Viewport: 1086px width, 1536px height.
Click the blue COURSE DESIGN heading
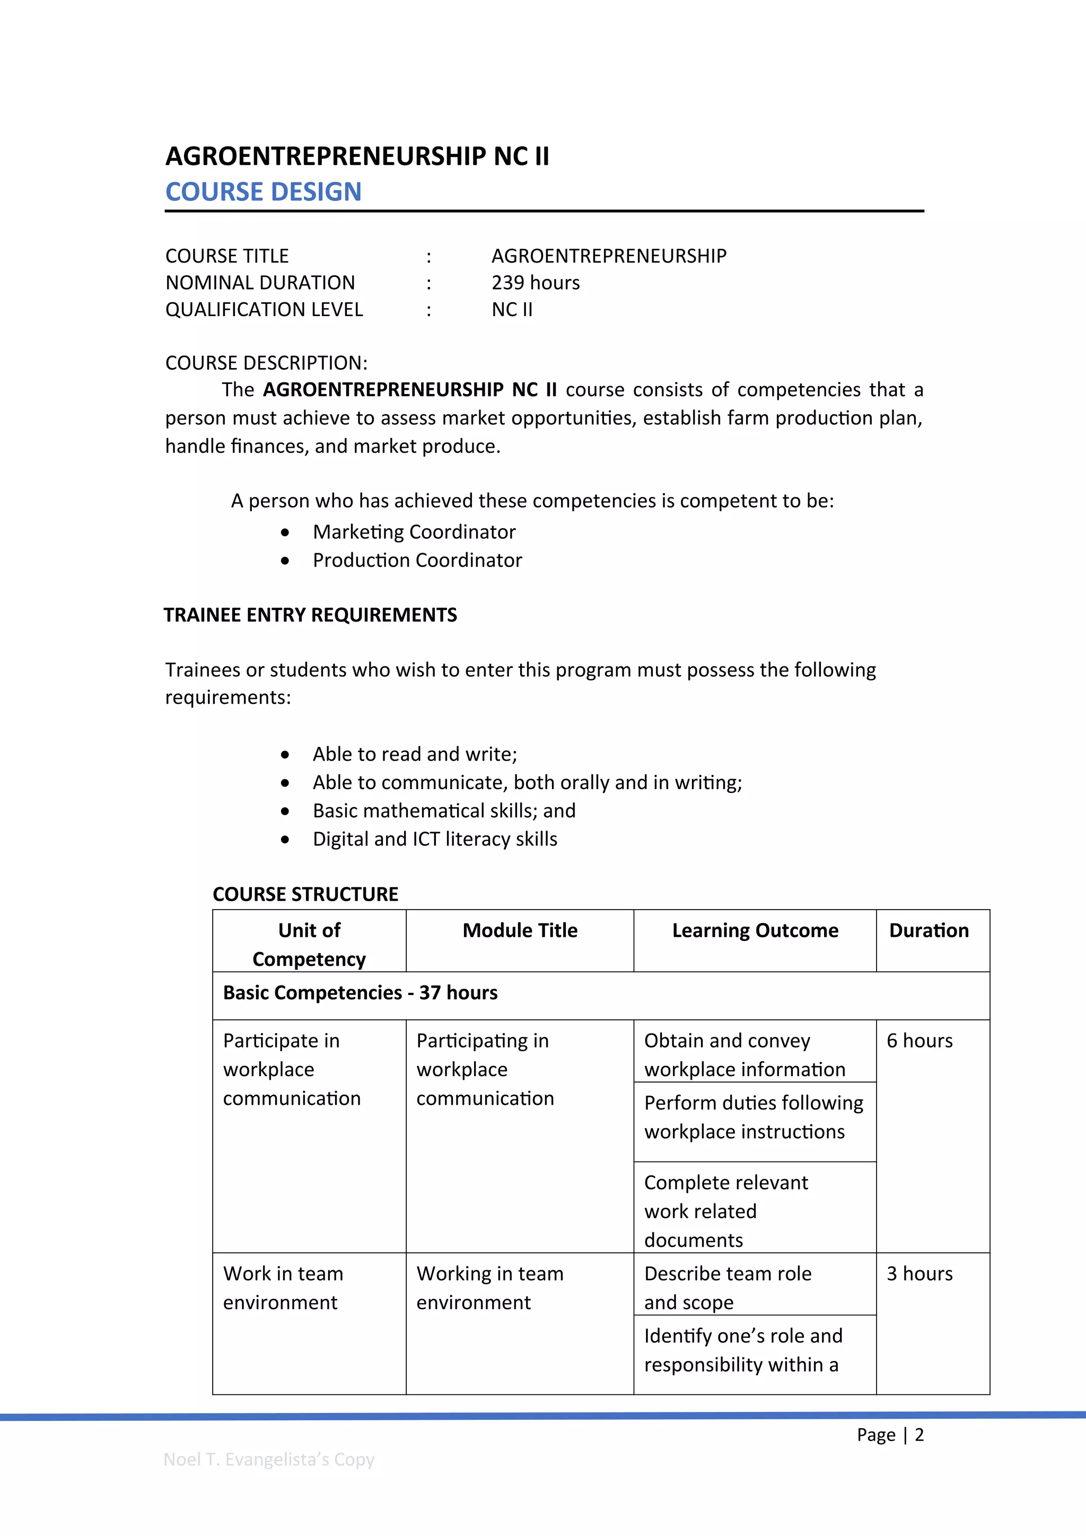coord(263,192)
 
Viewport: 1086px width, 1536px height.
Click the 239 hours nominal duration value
coord(535,283)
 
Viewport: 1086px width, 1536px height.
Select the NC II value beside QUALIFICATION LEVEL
coord(512,310)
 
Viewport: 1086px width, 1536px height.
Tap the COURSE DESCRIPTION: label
coord(266,363)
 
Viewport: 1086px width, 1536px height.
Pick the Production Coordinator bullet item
coord(417,560)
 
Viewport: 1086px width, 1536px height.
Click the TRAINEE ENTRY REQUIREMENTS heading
coord(310,615)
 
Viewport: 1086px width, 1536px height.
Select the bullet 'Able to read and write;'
coord(415,754)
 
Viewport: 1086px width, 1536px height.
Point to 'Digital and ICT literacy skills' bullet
coord(435,839)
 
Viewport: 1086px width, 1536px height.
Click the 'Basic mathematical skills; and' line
coord(443,811)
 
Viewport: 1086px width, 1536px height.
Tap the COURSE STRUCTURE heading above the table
coord(305,894)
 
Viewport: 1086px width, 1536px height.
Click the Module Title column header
coord(520,931)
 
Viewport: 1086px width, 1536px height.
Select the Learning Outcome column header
coord(755,931)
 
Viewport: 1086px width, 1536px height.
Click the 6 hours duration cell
coord(919,1041)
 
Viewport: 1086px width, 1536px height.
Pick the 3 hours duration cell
coord(919,1274)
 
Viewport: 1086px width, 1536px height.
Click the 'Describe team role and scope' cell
coord(727,1287)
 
